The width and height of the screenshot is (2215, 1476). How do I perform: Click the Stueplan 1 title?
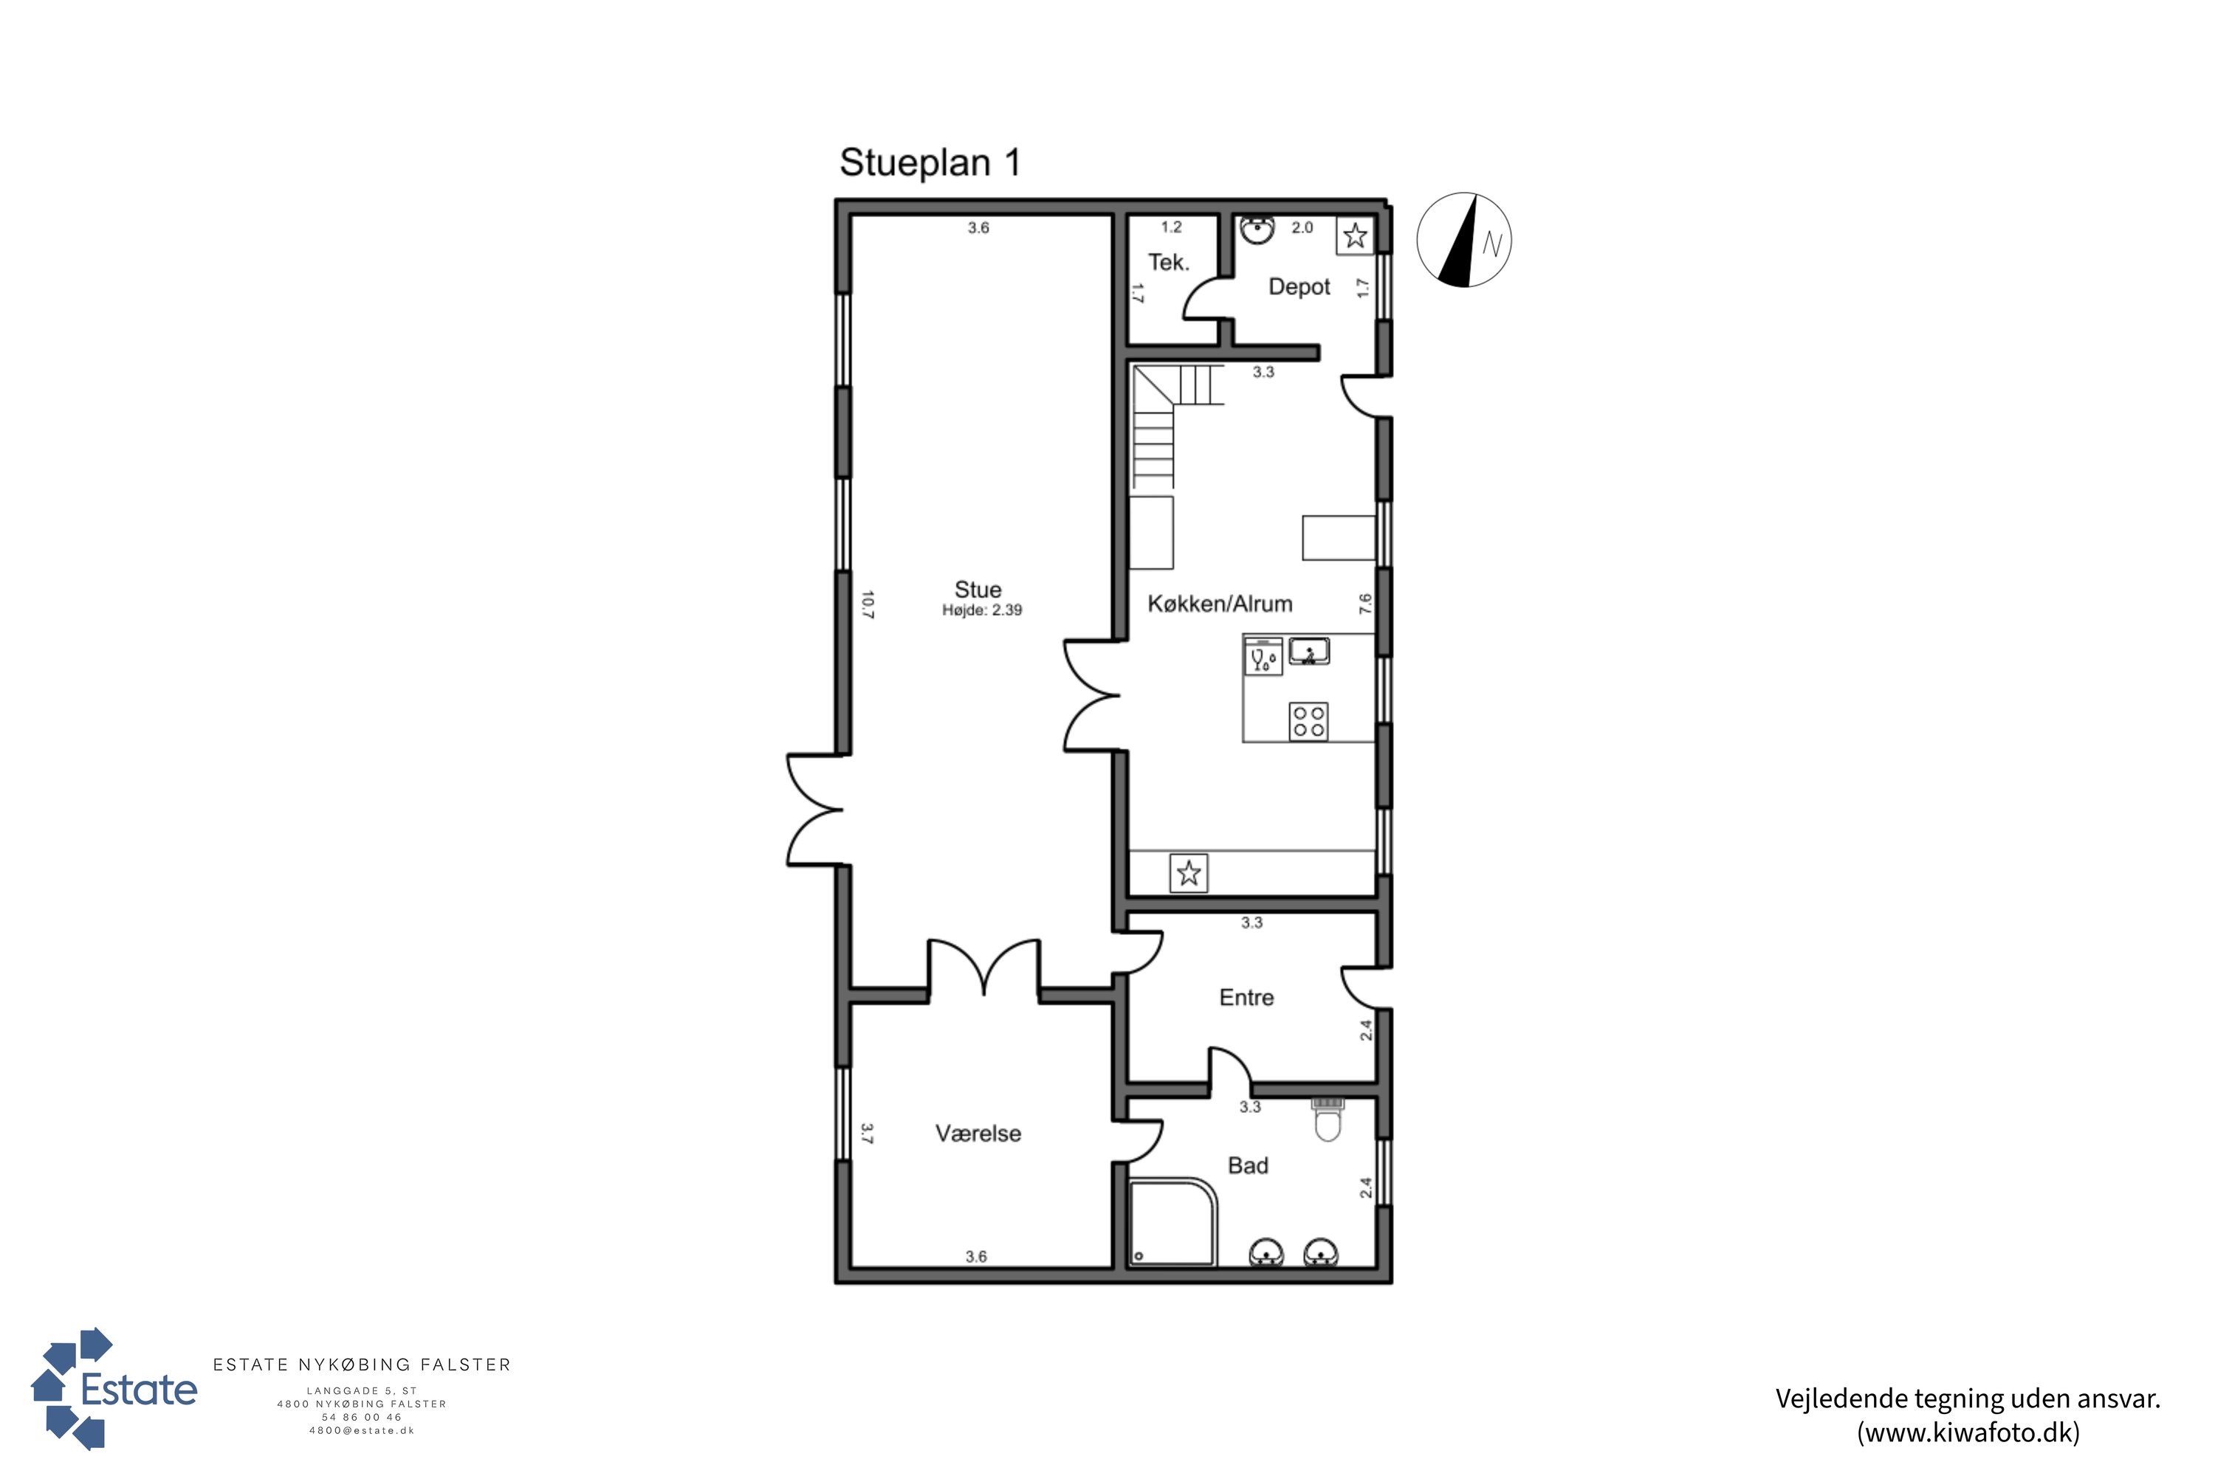(930, 163)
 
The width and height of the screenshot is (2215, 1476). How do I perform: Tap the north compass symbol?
(1463, 240)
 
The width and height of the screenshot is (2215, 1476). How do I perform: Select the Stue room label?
(978, 589)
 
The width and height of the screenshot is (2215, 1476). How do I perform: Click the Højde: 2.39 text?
(982, 610)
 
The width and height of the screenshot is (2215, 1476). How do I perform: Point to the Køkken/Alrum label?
(1220, 604)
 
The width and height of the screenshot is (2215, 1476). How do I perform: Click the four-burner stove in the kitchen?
(1308, 721)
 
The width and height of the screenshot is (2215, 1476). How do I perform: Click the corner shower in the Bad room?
(1172, 1222)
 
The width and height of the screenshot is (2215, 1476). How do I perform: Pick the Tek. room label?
(1169, 263)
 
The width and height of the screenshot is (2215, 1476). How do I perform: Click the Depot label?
(1299, 287)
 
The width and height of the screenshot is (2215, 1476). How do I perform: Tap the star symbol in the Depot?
(1355, 235)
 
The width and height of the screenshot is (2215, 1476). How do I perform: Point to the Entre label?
(1246, 998)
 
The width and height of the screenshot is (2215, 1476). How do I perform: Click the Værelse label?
(978, 1134)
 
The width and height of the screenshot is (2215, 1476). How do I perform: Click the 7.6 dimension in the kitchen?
(1365, 604)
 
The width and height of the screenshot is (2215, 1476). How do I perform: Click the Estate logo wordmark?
(140, 1390)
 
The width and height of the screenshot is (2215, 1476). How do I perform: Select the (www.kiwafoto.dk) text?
(1968, 1432)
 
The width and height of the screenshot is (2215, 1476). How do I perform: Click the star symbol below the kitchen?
(1189, 874)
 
